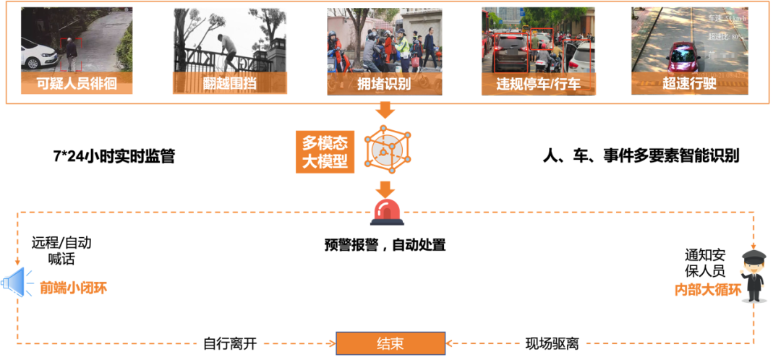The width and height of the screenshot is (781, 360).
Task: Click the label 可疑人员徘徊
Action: point(77,84)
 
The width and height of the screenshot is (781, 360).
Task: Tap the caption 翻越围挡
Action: point(229,84)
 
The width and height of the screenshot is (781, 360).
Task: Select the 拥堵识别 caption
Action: point(384,84)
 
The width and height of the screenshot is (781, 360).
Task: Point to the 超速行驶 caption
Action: point(689,84)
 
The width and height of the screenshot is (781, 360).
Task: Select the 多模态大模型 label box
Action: point(325,152)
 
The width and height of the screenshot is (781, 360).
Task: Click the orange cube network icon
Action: point(388,148)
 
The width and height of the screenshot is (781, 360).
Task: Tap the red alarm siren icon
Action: point(387,211)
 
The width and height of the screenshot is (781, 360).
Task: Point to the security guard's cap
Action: point(754,256)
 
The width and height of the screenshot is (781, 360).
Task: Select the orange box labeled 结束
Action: point(390,343)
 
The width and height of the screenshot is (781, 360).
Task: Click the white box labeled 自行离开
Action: point(229,343)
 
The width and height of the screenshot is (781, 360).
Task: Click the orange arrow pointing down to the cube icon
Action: point(385,111)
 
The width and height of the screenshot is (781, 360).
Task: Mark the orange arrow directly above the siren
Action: point(385,188)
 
